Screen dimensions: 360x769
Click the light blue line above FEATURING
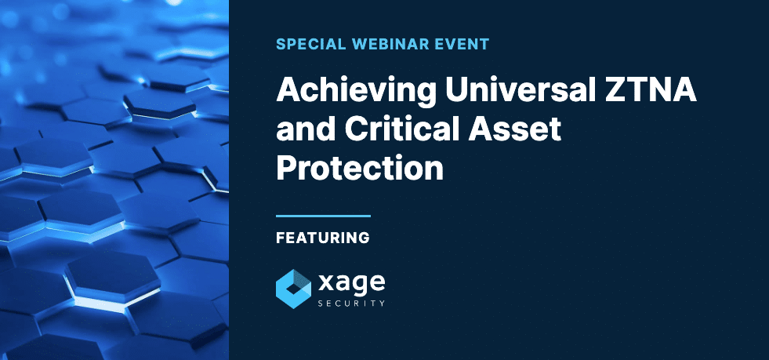tap(323, 215)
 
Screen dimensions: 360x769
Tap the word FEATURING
tap(323, 237)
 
